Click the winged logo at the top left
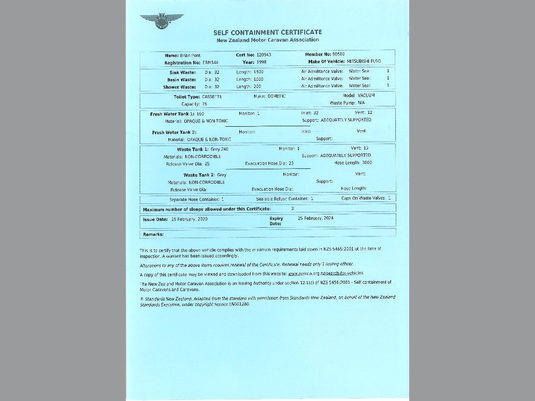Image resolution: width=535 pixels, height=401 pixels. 161,21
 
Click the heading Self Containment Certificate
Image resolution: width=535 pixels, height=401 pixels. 267,32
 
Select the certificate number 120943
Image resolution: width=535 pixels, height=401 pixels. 264,55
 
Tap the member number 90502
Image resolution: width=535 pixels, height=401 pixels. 339,54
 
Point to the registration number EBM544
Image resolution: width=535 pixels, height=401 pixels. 211,63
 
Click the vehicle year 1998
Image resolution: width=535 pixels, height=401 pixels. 262,62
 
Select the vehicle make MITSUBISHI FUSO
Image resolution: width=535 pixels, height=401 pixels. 364,61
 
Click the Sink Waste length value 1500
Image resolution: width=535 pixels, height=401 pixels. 258,72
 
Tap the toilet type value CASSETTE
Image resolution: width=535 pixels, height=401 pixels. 212,97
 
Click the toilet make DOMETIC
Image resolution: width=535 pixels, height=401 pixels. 276,96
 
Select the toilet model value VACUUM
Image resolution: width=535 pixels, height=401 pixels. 366,95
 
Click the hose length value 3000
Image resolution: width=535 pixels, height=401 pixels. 367,162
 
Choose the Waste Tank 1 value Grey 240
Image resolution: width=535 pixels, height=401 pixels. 219,149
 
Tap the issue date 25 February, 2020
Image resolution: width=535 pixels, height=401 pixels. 189,219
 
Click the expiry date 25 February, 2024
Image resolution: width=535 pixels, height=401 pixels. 316,218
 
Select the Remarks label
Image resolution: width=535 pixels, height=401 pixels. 153,234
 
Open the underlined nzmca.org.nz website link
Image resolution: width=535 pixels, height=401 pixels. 325,273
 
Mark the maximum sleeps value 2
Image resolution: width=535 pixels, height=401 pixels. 293,208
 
